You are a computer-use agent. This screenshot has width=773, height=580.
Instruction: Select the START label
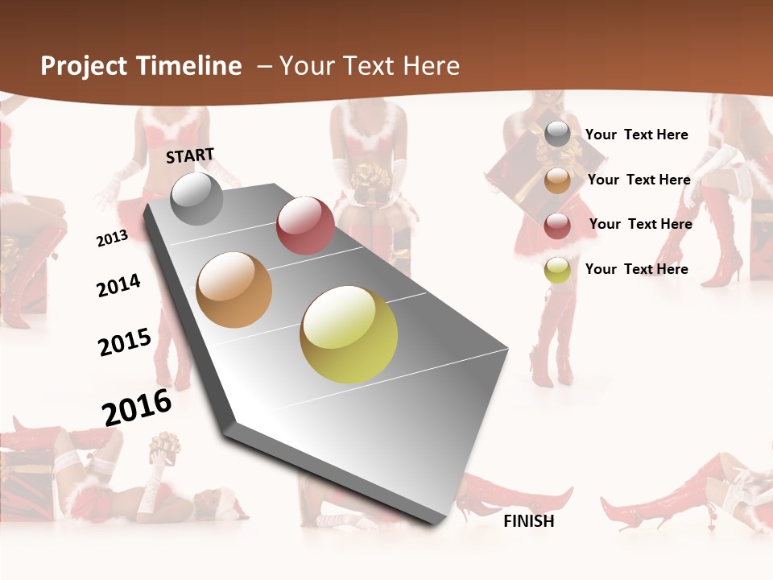click(190, 155)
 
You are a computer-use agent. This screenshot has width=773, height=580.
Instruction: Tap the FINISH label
click(529, 521)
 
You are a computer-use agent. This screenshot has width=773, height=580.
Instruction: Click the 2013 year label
click(112, 238)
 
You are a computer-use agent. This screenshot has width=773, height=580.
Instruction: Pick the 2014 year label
click(118, 285)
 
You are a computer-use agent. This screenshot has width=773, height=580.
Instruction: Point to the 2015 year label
click(125, 342)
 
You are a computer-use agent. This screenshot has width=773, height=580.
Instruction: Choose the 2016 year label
click(137, 407)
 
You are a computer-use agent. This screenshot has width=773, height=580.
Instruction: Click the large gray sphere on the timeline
click(197, 198)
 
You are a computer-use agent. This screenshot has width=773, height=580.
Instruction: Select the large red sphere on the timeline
click(305, 226)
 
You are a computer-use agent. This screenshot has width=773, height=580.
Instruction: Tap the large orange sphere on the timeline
click(234, 290)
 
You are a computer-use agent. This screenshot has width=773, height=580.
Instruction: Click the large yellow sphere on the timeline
click(349, 334)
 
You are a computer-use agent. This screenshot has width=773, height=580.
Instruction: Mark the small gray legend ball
click(557, 135)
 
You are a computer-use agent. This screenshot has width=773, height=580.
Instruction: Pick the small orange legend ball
click(557, 180)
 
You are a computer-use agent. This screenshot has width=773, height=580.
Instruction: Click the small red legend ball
click(557, 226)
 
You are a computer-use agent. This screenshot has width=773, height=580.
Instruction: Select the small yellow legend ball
click(557, 271)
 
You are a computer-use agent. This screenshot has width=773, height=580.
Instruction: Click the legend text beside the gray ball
click(636, 135)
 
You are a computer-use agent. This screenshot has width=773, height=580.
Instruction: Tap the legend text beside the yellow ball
click(636, 269)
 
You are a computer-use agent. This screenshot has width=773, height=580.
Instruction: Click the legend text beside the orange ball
click(639, 180)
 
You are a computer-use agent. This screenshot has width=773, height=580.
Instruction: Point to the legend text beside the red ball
click(640, 224)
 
